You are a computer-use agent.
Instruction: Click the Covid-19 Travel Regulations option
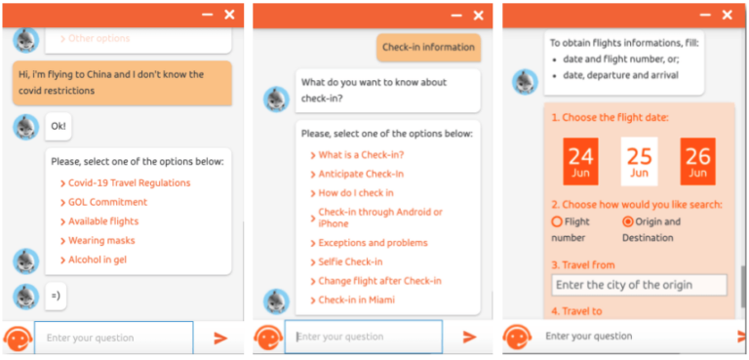[129, 182]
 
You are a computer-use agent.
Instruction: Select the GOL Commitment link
[107, 202]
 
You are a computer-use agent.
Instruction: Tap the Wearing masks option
[100, 240]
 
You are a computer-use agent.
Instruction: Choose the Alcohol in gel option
[97, 260]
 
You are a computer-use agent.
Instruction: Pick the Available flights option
[103, 221]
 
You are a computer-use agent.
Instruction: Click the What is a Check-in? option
[361, 155]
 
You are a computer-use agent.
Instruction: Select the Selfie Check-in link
[350, 261]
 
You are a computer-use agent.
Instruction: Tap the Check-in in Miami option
[356, 300]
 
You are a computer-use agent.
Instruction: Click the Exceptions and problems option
[373, 242]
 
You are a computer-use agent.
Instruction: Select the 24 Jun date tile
[581, 161]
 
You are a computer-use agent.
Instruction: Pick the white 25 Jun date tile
[639, 161]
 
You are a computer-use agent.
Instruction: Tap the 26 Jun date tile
[697, 161]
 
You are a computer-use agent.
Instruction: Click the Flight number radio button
[558, 222]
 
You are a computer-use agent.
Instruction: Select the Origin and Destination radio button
[628, 222]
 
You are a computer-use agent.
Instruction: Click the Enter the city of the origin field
[639, 285]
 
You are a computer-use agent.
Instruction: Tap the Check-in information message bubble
[428, 46]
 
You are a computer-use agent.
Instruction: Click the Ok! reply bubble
[59, 126]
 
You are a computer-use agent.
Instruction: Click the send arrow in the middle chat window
[470, 338]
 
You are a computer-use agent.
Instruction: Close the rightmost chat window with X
[728, 15]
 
